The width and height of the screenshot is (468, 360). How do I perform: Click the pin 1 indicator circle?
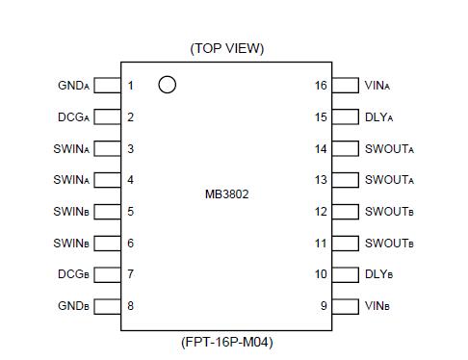pyautogui.click(x=168, y=85)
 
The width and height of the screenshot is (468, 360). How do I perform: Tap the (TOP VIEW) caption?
pyautogui.click(x=227, y=48)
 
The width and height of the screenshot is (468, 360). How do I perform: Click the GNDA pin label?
pyautogui.click(x=73, y=86)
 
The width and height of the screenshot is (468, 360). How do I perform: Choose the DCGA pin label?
pyautogui.click(x=73, y=117)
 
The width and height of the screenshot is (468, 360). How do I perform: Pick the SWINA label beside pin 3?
pyautogui.click(x=71, y=149)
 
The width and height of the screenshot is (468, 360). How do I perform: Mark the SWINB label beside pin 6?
pyautogui.click(x=71, y=244)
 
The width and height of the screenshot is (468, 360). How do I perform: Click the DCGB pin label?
pyautogui.click(x=73, y=275)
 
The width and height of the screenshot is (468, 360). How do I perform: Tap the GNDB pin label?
pyautogui.click(x=73, y=307)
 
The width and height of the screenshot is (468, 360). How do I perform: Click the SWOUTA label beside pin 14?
pyautogui.click(x=389, y=149)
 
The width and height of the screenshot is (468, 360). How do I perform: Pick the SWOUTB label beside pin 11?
pyautogui.click(x=389, y=244)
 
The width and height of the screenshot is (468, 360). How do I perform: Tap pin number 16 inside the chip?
pyautogui.click(x=321, y=86)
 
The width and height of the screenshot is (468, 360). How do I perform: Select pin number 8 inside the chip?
pyautogui.click(x=131, y=307)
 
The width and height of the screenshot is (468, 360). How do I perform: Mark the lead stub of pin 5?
pyautogui.click(x=108, y=212)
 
